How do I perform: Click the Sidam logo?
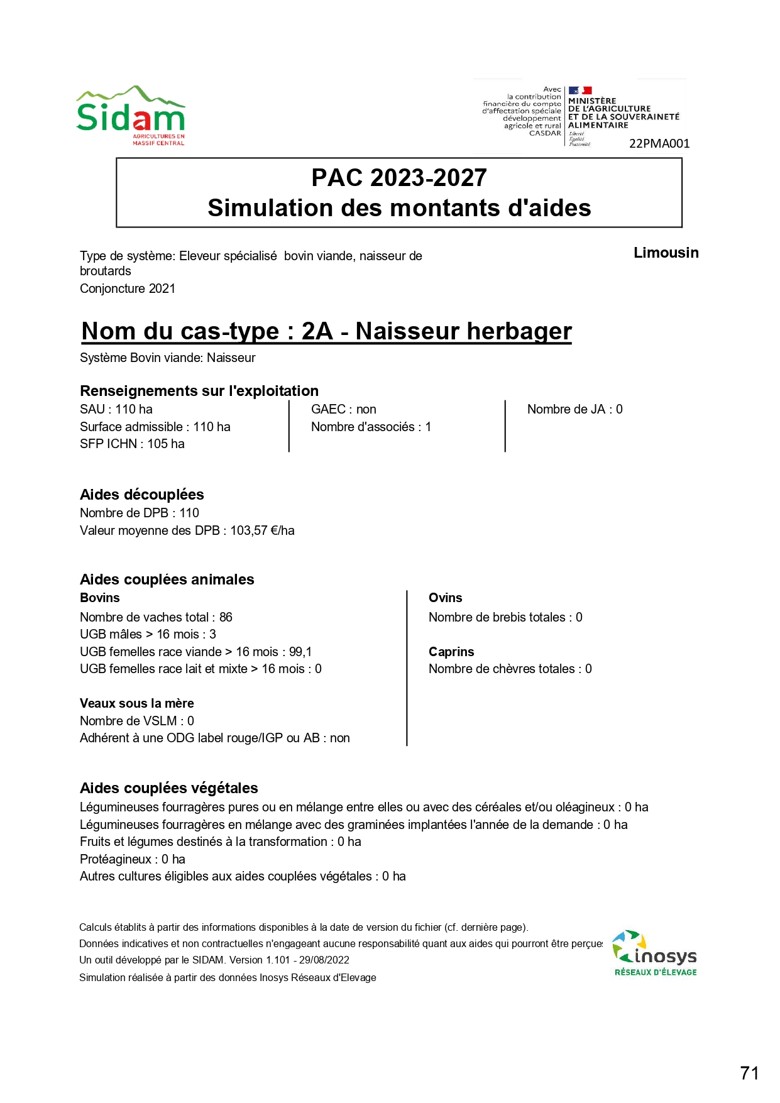coord(131,116)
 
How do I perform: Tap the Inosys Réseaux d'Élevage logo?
coord(655,953)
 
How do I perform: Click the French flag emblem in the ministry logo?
coord(580,91)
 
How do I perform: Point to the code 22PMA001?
coord(659,144)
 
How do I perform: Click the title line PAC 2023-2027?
coord(399,178)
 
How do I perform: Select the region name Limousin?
coord(666,253)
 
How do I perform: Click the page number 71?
coord(749,1073)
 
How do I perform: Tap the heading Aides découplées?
coord(142,495)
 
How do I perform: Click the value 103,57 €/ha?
coord(262,530)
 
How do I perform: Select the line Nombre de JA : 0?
coord(574,409)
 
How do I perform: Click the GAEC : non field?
coord(344,409)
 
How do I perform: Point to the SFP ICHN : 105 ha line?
coord(132,444)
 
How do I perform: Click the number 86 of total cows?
coord(226,617)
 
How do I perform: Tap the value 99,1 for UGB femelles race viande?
coord(300,652)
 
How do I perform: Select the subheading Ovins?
coord(445,598)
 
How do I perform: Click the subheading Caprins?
coord(451,652)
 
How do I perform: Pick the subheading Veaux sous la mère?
coord(137,703)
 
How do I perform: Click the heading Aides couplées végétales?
coord(169,788)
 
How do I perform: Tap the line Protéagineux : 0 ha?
coord(133,859)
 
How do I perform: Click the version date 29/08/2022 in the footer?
coord(324,960)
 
